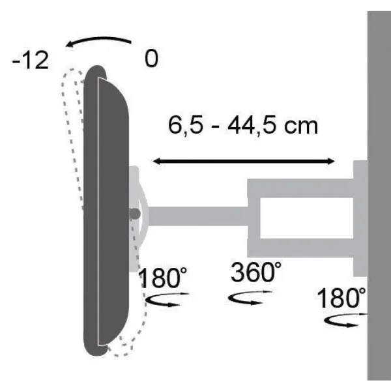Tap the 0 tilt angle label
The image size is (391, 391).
coord(151,60)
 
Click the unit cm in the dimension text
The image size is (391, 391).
coord(300,124)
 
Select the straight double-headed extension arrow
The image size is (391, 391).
coord(243,160)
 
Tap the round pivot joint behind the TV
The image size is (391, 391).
coord(135,213)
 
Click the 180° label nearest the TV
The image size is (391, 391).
coord(162,279)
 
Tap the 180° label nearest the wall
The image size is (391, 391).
coord(341,300)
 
